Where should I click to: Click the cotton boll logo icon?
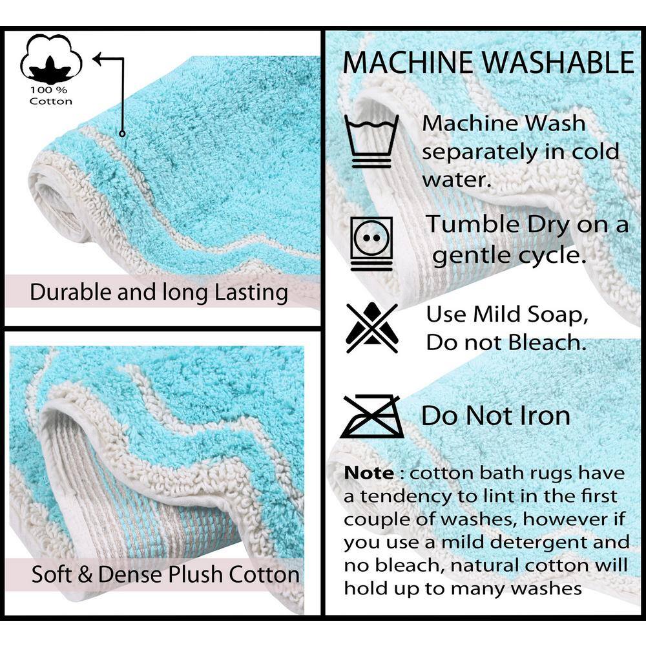click(51, 59)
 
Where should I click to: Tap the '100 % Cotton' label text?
click(50, 96)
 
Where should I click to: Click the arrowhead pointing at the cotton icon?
click(98, 59)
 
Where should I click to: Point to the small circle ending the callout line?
click(122, 133)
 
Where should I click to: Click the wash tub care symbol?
click(371, 141)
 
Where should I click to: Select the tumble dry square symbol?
click(371, 244)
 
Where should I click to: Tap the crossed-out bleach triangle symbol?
click(372, 328)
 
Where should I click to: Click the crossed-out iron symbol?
click(372, 416)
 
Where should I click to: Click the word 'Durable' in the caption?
click(71, 292)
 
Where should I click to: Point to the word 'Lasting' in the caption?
click(251, 293)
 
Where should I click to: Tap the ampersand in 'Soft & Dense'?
click(85, 574)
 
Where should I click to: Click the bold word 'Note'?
click(369, 473)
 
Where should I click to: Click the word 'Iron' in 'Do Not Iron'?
click(546, 415)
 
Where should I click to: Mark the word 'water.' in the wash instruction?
click(457, 180)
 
